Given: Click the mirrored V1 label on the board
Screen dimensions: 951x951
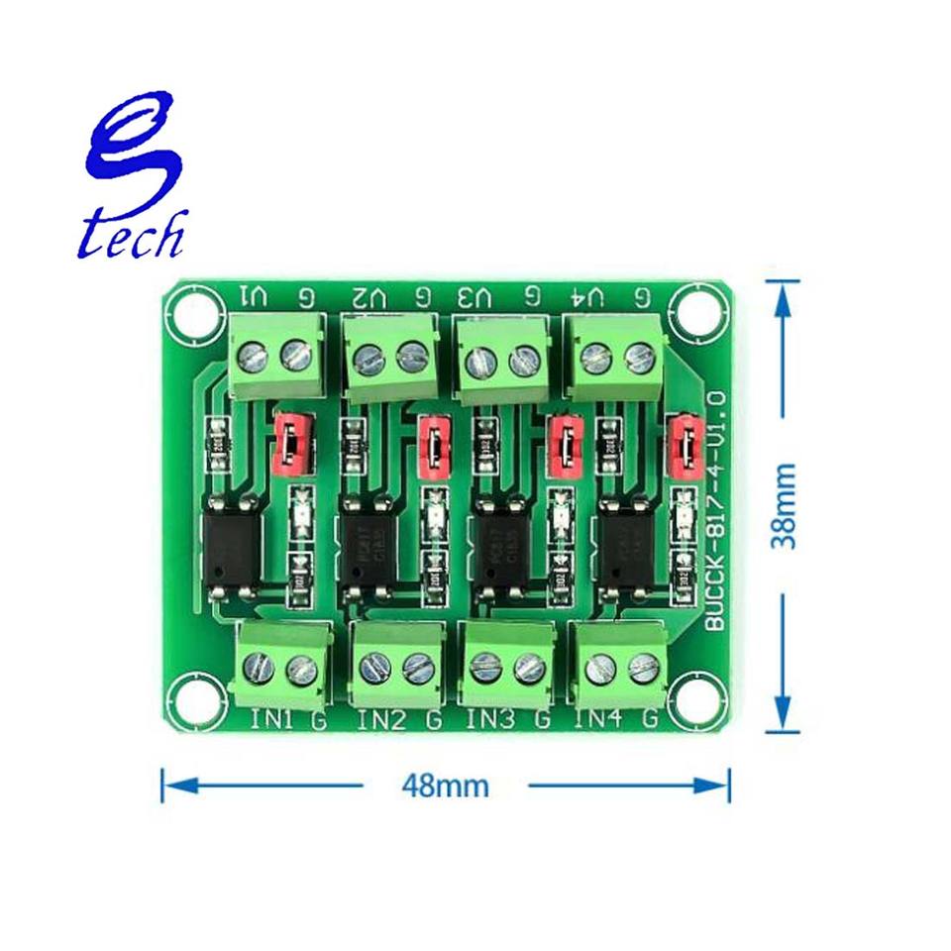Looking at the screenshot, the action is pyautogui.click(x=253, y=295).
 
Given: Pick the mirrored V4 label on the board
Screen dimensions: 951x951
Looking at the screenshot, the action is pyautogui.click(x=588, y=295).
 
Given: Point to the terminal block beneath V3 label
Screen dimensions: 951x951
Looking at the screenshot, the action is pyautogui.click(x=502, y=359).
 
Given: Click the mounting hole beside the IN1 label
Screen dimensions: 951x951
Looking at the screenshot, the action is pyautogui.click(x=196, y=699).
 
